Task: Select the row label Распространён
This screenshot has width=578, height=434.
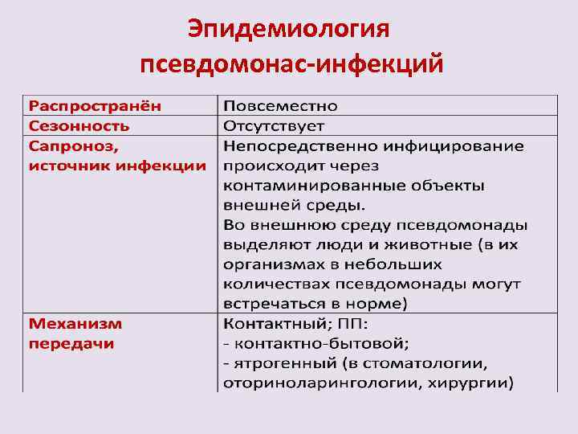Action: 94,106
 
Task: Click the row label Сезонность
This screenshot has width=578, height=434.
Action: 79,126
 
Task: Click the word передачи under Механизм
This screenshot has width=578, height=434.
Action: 71,344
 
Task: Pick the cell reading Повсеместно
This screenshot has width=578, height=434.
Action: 280,106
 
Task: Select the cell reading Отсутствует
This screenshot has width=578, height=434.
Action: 273,126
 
